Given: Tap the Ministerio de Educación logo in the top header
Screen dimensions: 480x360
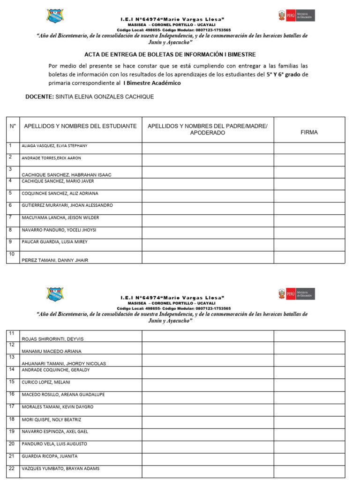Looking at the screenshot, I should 296,15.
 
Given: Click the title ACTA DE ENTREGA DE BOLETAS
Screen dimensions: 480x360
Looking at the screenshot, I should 170,54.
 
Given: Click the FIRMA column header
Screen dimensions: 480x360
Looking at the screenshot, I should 309,132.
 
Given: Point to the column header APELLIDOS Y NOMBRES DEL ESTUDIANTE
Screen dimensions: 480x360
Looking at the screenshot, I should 80,126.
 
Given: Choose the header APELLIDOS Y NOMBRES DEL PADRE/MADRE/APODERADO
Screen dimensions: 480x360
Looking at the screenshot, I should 208,129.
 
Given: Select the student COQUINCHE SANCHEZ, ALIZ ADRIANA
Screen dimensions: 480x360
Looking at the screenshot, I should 60,193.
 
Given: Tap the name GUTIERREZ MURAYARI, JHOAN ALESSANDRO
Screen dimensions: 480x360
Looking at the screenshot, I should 67,205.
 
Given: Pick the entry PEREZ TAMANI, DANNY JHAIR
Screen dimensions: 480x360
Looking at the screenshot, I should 55,260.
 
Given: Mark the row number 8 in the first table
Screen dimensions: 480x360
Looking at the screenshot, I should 10,230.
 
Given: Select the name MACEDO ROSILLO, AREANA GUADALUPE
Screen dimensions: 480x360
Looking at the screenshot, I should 63,394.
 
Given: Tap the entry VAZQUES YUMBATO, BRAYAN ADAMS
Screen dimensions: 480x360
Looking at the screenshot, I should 60,468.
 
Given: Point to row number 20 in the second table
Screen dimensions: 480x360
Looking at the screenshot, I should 12,443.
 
